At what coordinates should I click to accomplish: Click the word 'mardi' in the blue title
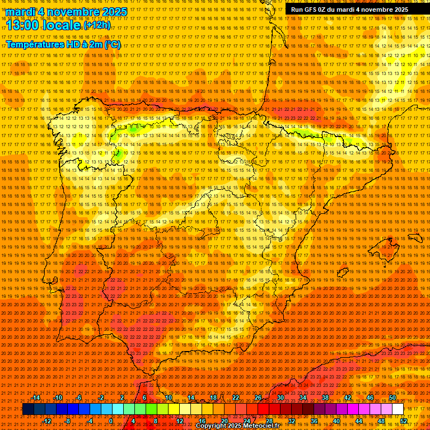pyautogui.click(x=20, y=12)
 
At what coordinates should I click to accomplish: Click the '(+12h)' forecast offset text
pyautogui.click(x=97, y=25)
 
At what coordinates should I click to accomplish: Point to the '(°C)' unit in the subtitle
pyautogui.click(x=113, y=44)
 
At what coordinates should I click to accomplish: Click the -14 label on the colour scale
pyautogui.click(x=36, y=398)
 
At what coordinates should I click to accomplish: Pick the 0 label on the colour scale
pyautogui.click(x=111, y=421)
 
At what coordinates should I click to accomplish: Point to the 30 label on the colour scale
pyautogui.click(x=280, y=398)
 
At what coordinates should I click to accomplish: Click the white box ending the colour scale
pyautogui.click(x=398, y=409)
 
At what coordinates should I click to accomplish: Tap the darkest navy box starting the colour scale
pyautogui.click(x=28, y=409)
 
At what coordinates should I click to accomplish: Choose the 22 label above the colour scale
pyautogui.click(x=236, y=398)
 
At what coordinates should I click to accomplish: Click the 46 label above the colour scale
pyautogui.click(x=370, y=398)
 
